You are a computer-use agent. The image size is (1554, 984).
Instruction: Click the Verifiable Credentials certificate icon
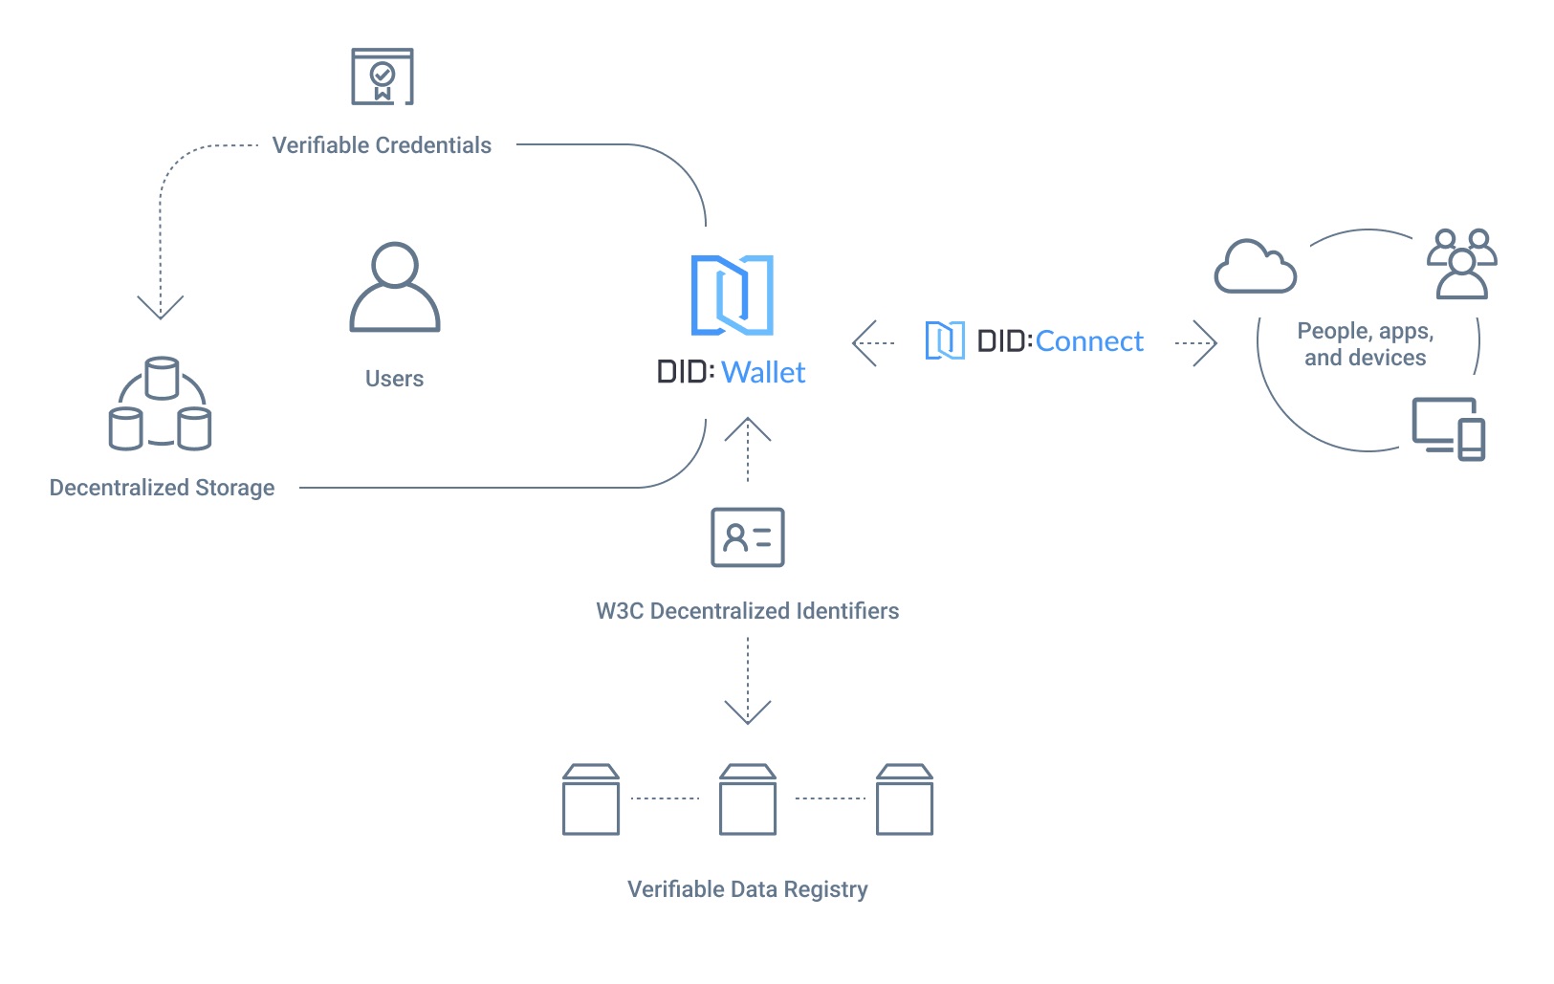[x=383, y=77]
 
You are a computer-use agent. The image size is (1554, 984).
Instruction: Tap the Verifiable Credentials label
[x=382, y=145]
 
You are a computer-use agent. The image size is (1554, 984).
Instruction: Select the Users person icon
[x=394, y=288]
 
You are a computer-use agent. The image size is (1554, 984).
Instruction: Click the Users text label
[x=394, y=379]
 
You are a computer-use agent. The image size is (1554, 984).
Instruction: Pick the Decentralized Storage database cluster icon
[x=161, y=405]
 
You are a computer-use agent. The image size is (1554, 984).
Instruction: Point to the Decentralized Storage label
[x=162, y=488]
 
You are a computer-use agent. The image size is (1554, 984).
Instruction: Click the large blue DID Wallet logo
[x=732, y=295]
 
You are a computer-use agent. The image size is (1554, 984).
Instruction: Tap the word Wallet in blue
[x=763, y=372]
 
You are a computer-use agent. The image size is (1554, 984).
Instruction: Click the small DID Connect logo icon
[x=945, y=341]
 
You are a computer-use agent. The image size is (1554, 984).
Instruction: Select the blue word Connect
[x=1089, y=341]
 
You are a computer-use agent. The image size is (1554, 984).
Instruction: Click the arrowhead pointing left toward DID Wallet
[x=863, y=342]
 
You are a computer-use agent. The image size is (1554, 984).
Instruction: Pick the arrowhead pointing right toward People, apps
[x=1206, y=342]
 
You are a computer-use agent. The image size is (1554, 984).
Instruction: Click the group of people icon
[x=1461, y=264]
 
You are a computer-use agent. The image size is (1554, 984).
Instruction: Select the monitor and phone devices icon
[x=1449, y=428]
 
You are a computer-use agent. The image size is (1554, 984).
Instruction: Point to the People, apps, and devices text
[x=1365, y=344]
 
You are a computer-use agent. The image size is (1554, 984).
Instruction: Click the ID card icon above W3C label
[x=748, y=537]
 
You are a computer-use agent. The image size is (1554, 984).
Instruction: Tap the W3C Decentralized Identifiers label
[x=747, y=611]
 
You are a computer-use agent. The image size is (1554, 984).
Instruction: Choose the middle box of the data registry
[x=748, y=799]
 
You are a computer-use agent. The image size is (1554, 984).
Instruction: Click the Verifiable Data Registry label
[x=747, y=889]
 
